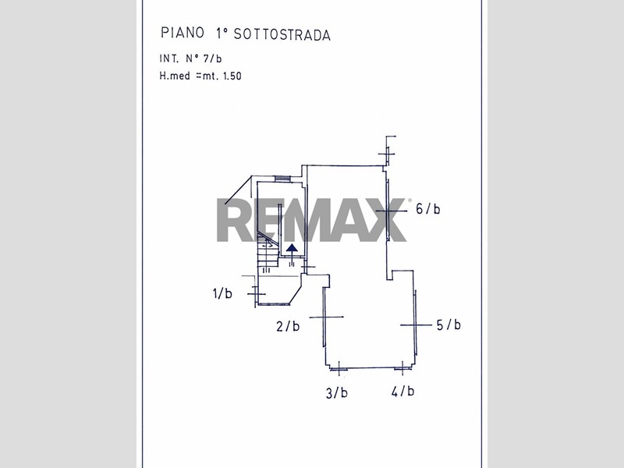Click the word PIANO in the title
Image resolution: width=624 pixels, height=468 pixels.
tap(183, 33)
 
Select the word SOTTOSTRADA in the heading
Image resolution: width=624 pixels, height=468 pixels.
tap(282, 34)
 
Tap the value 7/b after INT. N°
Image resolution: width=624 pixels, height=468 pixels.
tap(212, 58)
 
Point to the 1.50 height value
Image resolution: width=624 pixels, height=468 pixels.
tap(232, 76)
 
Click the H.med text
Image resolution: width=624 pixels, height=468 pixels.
tap(175, 76)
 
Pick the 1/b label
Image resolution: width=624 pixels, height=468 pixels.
tap(222, 294)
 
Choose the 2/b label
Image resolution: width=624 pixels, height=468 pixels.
tap(288, 326)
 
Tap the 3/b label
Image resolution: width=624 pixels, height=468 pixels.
tap(337, 393)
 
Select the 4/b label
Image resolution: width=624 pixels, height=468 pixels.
tap(402, 392)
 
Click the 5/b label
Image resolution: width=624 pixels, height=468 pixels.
tap(448, 324)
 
